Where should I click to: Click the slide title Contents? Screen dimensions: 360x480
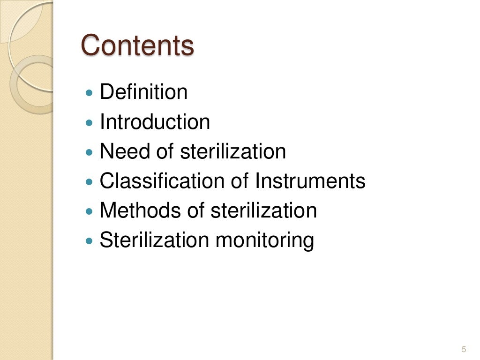coord(137,46)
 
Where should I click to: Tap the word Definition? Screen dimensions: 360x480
coord(143,92)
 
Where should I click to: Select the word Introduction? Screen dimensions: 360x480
coord(155,122)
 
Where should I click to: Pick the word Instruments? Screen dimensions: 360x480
coord(310,181)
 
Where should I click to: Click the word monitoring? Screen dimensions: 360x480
coord(264,241)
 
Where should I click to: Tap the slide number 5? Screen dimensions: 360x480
coord(464,349)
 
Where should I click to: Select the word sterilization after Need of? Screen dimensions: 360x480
coord(233,151)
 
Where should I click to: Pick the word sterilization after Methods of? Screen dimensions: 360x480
coord(263,211)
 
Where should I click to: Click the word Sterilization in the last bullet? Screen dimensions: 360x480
coord(154,241)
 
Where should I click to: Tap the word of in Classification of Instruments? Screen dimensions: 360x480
coord(239,181)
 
